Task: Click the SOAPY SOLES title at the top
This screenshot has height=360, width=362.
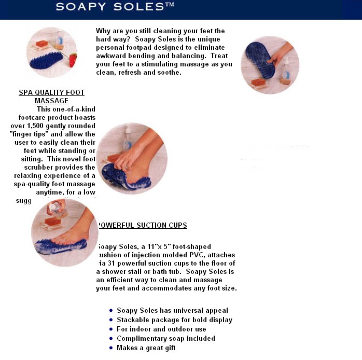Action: click(x=115, y=7)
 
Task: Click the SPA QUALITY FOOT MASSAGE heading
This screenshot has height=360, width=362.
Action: click(x=51, y=96)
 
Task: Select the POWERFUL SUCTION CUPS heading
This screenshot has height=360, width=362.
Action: click(x=143, y=226)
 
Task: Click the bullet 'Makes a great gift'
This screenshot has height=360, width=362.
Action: click(x=146, y=348)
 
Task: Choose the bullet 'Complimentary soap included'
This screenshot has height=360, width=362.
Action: click(x=165, y=339)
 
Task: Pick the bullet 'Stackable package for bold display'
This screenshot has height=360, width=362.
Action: click(x=174, y=320)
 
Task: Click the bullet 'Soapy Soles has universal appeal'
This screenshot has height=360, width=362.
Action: click(x=172, y=311)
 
